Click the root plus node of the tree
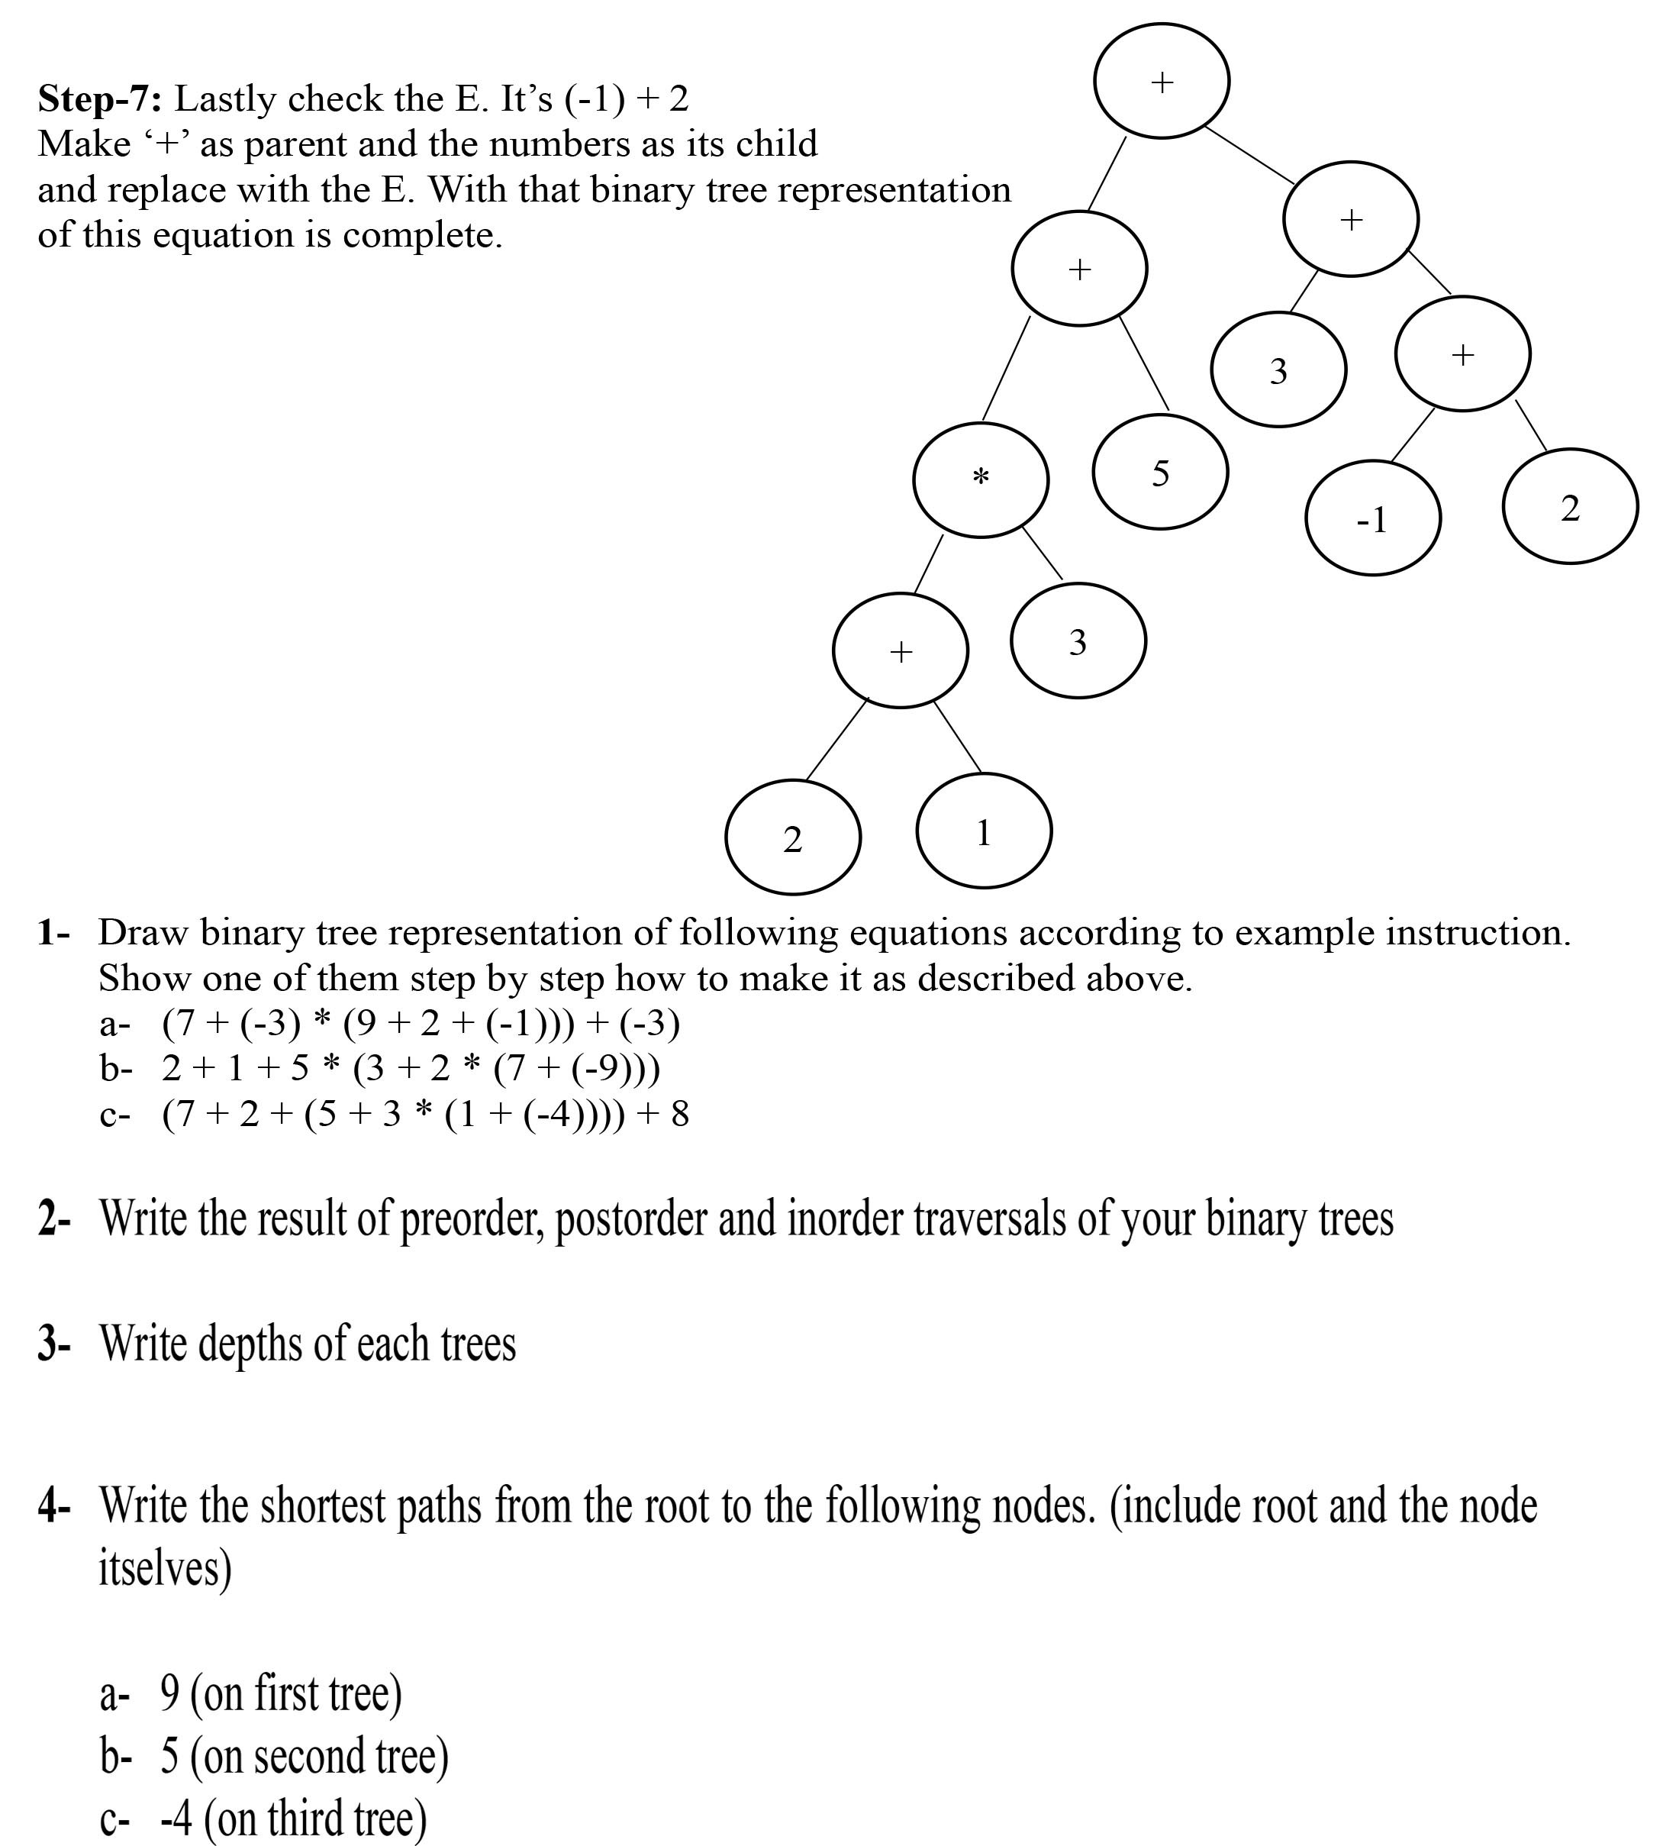pos(1161,82)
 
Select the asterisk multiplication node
pos(980,479)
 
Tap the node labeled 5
pos(1160,473)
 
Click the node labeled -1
pos(1372,518)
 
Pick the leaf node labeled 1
pos(983,831)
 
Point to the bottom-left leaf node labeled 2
pos(793,837)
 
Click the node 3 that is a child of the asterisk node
pos(1078,641)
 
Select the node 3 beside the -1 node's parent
pos(1278,370)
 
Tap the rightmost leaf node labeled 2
pos(1570,506)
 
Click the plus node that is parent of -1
pos(1462,353)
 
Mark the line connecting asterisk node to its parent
pos(1006,369)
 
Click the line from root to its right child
pos(1249,155)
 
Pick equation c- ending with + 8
pos(424,1113)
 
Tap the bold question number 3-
pos(54,1344)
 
